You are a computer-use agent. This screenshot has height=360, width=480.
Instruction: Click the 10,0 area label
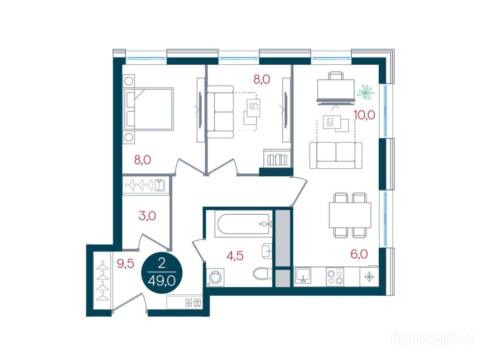(364, 115)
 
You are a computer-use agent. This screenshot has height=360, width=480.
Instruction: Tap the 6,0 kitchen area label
(359, 254)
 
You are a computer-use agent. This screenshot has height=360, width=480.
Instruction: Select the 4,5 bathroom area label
(235, 255)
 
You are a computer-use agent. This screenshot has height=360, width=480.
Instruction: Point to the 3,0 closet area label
(147, 216)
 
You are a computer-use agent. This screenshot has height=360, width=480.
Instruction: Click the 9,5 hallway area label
(126, 263)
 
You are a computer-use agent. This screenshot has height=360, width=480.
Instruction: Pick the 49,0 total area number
(161, 281)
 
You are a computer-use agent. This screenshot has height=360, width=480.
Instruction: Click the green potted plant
(366, 92)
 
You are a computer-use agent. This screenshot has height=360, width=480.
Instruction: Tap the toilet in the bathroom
(262, 273)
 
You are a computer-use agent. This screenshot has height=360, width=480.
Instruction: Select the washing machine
(215, 277)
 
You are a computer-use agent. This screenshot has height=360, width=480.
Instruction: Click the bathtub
(243, 224)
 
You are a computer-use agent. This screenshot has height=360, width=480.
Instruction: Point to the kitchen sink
(303, 275)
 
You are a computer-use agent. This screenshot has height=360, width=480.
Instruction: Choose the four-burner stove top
(335, 277)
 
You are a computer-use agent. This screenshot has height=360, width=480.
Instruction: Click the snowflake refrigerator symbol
(369, 277)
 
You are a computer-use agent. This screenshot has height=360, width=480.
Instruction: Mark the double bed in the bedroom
(149, 109)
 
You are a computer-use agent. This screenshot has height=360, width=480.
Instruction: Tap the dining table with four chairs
(350, 215)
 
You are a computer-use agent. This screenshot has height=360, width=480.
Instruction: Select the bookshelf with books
(277, 157)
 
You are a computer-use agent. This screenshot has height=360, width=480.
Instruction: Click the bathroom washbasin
(267, 251)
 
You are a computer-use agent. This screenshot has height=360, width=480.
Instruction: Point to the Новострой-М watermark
(433, 339)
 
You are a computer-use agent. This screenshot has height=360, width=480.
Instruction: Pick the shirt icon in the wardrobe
(159, 185)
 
